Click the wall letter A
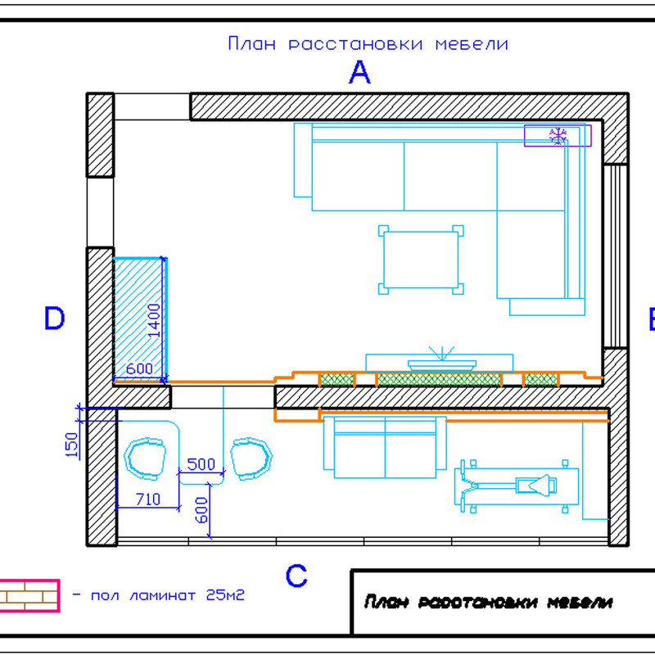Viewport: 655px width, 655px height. pyautogui.click(x=359, y=72)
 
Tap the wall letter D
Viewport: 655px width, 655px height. pyautogui.click(x=54, y=318)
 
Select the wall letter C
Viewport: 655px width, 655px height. pyautogui.click(x=296, y=576)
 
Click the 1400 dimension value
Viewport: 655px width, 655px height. pyautogui.click(x=154, y=320)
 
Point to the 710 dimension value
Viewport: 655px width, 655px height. pyautogui.click(x=148, y=499)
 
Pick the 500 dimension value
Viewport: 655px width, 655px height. pyautogui.click(x=201, y=464)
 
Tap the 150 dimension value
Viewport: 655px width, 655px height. pyautogui.click(x=72, y=445)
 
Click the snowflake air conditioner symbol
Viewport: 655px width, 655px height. pyautogui.click(x=558, y=136)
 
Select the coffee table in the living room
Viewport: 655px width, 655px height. pyautogui.click(x=421, y=260)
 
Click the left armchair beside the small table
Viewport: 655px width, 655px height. pyautogui.click(x=145, y=458)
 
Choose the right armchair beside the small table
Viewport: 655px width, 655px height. pyautogui.click(x=251, y=458)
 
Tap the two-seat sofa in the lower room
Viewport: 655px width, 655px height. pyautogui.click(x=385, y=447)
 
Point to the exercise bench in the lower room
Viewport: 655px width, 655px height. pyautogui.click(x=517, y=486)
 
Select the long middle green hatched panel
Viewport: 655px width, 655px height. pyautogui.click(x=439, y=380)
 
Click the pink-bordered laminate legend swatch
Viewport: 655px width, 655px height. pyautogui.click(x=29, y=596)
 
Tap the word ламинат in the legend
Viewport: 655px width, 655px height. pyautogui.click(x=162, y=595)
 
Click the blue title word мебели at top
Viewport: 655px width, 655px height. pyautogui.click(x=472, y=44)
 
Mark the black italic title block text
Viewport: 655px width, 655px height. pyautogui.click(x=488, y=602)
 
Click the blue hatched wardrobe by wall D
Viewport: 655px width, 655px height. pyautogui.click(x=140, y=320)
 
